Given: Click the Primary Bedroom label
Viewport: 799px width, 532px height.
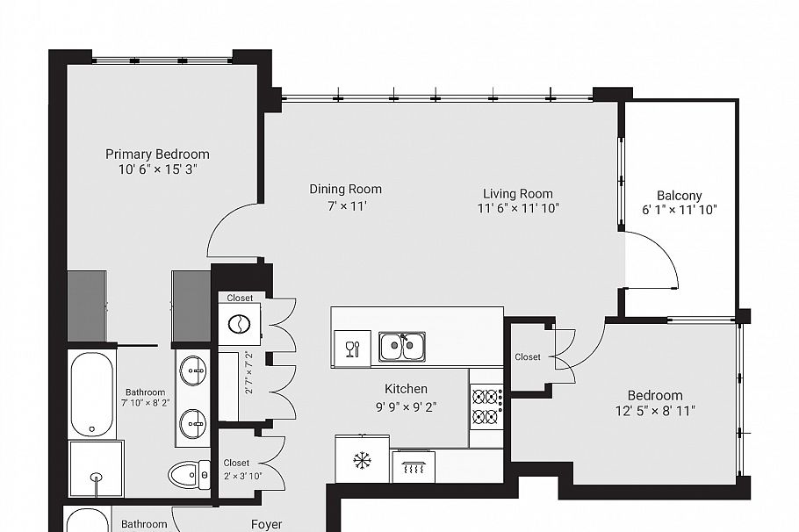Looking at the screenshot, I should coord(158,155).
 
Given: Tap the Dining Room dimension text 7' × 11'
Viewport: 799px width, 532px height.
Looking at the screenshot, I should coord(345,206).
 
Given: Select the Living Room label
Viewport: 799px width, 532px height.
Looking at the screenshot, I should coord(517,194).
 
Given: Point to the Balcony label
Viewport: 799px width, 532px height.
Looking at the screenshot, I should coord(679,196).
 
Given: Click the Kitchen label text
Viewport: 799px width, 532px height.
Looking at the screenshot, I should coord(406,389).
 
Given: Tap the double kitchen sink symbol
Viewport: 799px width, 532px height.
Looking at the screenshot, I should coord(402,347).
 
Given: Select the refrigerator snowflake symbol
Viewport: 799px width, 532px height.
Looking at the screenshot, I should coord(361,460).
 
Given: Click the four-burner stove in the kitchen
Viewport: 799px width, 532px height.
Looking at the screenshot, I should coord(486,406).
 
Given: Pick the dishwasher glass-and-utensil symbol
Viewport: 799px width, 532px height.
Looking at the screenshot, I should coord(352,348).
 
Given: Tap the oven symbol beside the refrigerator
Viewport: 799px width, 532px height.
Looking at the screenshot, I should coord(412,465).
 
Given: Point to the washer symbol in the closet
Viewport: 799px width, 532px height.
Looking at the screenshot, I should coord(239,325).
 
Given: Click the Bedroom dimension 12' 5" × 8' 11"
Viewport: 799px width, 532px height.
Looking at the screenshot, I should coord(654,410).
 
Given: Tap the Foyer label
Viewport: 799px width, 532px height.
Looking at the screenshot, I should coord(266,524).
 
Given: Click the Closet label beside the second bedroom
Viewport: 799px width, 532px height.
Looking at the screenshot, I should coord(528,357).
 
